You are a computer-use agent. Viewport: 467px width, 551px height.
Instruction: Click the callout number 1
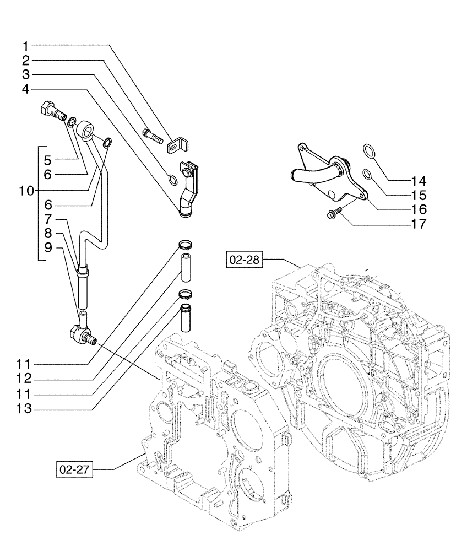point(26,45)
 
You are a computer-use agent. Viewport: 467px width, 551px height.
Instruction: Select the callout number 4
point(26,89)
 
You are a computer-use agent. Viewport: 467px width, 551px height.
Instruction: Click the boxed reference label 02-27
point(74,469)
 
